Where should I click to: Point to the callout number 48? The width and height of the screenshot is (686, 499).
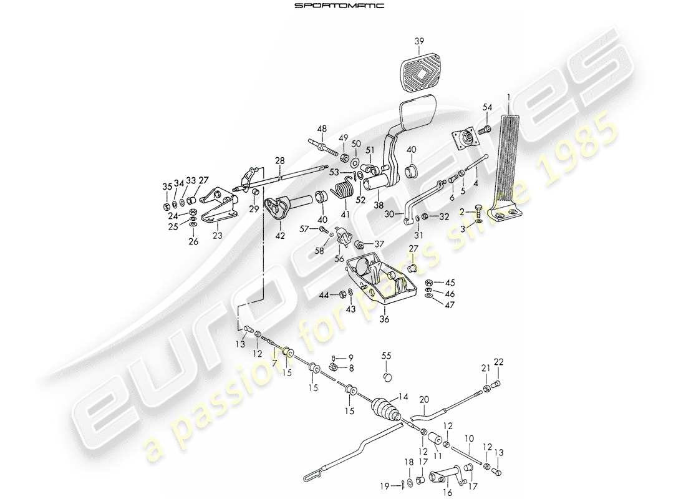322,130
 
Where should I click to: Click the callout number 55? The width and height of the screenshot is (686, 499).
387,356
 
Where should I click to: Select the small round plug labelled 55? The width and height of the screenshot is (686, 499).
387,376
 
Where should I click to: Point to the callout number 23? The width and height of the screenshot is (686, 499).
217,236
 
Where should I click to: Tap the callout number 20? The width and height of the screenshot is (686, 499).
424,400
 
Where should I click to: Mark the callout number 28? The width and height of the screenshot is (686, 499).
280,161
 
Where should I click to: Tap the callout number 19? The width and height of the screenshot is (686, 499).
385,485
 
